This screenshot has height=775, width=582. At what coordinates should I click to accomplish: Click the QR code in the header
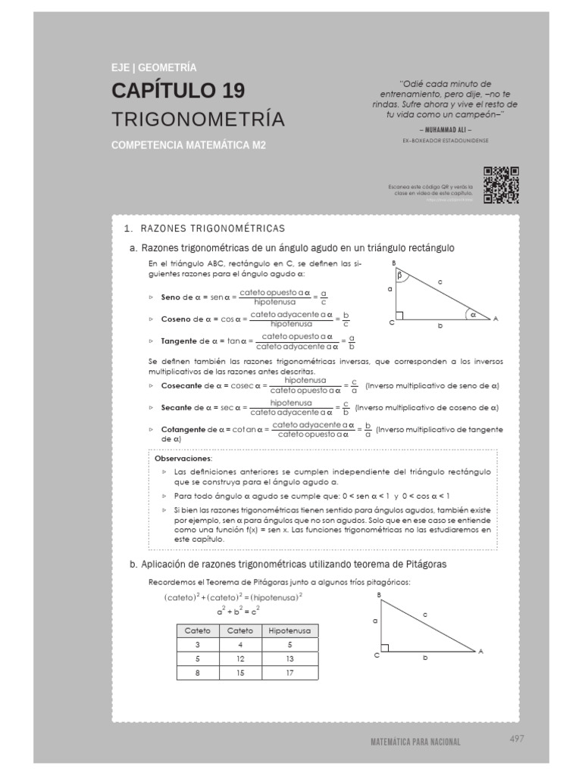(x=501, y=185)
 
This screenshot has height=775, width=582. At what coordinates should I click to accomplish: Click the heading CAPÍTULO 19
(x=178, y=91)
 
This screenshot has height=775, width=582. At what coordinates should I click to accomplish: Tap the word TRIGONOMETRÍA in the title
(x=199, y=120)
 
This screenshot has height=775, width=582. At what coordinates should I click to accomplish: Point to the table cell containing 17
(x=290, y=672)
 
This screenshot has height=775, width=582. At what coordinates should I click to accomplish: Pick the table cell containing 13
(x=290, y=658)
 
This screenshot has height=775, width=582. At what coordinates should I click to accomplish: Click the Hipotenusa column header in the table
(x=290, y=630)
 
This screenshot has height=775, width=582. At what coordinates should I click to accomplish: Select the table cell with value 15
(x=240, y=672)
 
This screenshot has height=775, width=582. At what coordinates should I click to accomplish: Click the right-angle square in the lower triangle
(x=386, y=647)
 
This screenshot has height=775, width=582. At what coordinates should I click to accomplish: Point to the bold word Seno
(x=171, y=297)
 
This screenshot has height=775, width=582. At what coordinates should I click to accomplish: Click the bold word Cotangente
(x=183, y=430)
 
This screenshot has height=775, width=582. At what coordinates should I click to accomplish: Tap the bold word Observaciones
(x=183, y=459)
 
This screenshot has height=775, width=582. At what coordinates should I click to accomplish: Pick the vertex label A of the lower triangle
(x=480, y=651)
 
